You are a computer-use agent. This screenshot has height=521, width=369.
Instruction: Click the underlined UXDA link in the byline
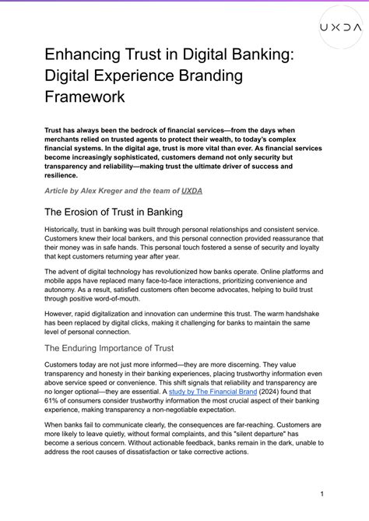click(x=192, y=189)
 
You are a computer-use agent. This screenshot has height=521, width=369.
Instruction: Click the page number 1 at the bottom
click(x=321, y=494)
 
